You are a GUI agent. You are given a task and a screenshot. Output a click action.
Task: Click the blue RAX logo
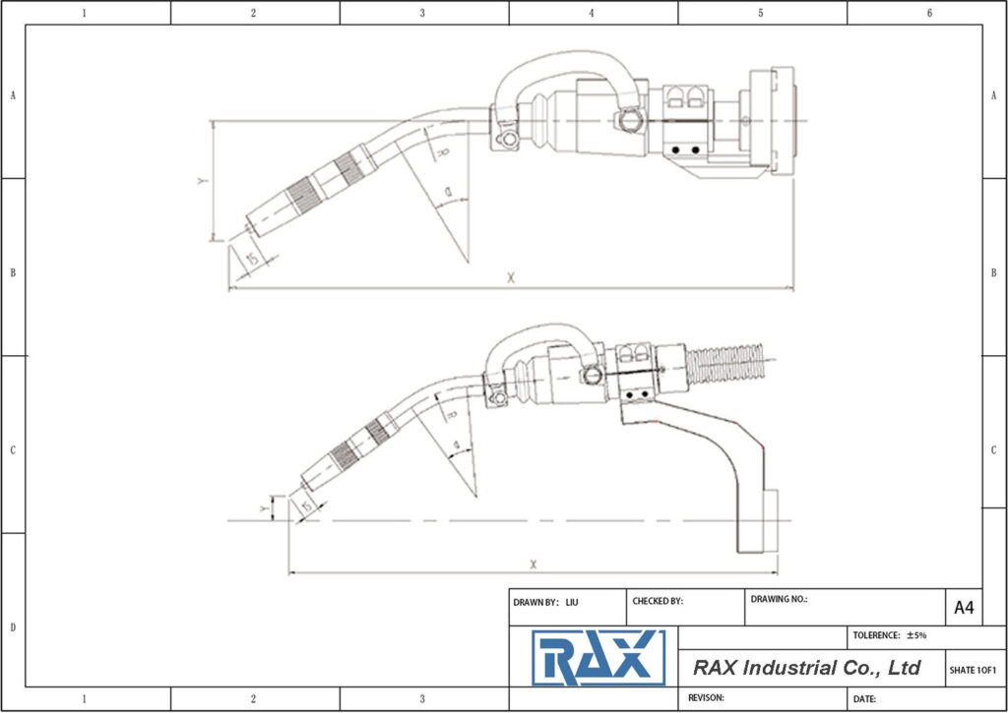pos(598,658)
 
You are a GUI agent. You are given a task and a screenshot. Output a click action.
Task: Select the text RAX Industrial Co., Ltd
pos(806,668)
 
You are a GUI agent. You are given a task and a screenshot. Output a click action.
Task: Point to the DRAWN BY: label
pos(535,601)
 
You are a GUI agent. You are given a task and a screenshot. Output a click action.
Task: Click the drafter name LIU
pos(572,601)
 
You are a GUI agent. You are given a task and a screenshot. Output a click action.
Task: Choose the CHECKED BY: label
pos(658,601)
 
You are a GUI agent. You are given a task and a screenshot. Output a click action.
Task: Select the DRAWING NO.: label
pos(779,598)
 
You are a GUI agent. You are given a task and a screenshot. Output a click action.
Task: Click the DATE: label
pos(864,698)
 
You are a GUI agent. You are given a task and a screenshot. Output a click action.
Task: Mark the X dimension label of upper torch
pos(511,278)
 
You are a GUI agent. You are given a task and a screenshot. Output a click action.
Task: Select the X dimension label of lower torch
pos(533,564)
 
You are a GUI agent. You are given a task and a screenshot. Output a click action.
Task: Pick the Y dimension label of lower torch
pos(262,508)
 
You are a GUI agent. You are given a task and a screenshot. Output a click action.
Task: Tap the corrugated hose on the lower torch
pos(729,364)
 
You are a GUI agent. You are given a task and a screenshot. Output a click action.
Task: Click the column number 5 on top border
pos(761,13)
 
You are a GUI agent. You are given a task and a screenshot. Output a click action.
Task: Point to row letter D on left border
pos(12,627)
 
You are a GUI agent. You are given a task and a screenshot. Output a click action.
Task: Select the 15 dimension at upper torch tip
pos(253,258)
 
